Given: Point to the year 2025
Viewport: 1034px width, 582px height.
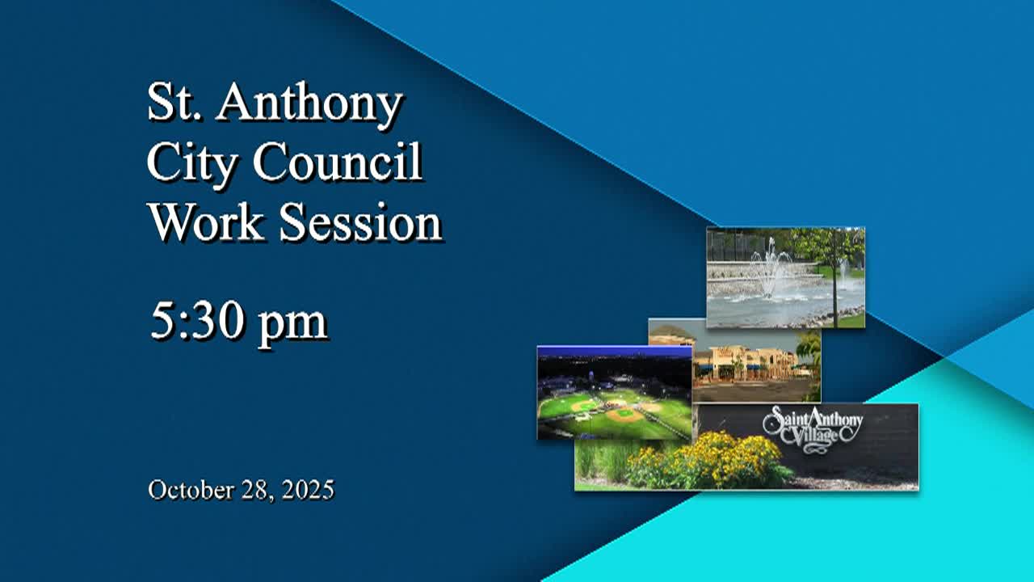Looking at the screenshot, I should [x=309, y=489].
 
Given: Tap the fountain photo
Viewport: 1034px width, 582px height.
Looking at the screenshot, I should [x=785, y=277].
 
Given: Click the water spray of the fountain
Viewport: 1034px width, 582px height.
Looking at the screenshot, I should [x=771, y=267].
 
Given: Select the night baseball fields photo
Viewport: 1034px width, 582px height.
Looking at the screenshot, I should [x=614, y=393].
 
